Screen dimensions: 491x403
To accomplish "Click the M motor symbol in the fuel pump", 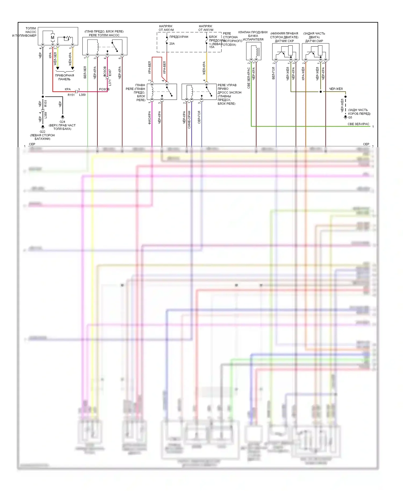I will click(x=52, y=38).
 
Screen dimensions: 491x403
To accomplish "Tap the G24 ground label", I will click(x=62, y=122).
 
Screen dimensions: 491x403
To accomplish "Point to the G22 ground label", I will click(x=42, y=132).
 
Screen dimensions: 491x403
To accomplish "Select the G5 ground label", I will click(x=350, y=117).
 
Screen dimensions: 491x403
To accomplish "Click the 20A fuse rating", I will click(x=172, y=44).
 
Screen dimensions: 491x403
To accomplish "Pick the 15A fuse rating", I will click(x=212, y=47).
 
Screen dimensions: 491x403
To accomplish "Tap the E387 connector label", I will click(x=110, y=73).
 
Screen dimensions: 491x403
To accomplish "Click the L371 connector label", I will click(x=110, y=83).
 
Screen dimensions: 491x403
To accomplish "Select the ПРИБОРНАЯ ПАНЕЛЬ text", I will click(x=64, y=77).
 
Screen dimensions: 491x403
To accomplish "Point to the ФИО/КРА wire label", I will click(x=150, y=117).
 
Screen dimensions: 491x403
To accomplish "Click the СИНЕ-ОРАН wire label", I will click(x=189, y=120).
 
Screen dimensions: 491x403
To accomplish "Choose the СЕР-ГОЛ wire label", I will click(x=199, y=117).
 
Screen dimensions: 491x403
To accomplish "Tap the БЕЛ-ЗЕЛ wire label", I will click(x=85, y=72).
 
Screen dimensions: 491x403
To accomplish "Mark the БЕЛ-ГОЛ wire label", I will click(x=274, y=73).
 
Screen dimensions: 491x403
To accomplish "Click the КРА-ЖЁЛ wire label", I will click(x=303, y=74).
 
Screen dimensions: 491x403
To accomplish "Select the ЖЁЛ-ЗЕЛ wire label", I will click(x=55, y=59).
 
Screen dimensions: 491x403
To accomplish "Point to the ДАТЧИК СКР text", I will click(x=284, y=41).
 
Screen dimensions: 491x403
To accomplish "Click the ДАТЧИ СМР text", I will click(x=314, y=41).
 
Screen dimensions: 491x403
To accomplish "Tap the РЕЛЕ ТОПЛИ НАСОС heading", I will click(x=104, y=35).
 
